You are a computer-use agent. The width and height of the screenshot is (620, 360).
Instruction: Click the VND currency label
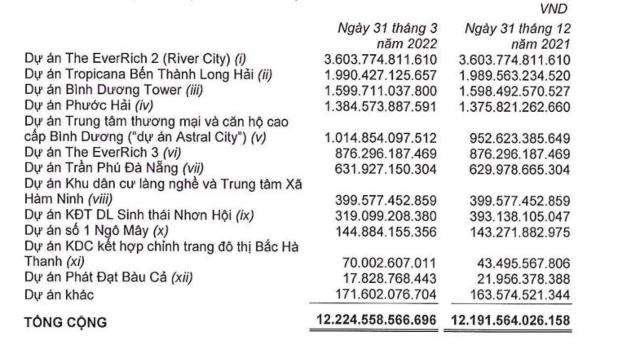click(x=553, y=9)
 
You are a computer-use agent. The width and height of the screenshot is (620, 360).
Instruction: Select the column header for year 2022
click(x=387, y=35)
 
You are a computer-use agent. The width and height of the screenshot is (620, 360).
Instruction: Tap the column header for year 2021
click(x=518, y=35)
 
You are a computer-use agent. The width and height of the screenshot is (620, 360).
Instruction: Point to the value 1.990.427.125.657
click(x=380, y=75)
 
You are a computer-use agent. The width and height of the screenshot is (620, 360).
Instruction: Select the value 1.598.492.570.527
click(x=514, y=91)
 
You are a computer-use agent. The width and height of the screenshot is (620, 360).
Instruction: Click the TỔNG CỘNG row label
click(x=66, y=322)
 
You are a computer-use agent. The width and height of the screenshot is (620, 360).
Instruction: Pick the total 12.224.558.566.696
click(x=376, y=320)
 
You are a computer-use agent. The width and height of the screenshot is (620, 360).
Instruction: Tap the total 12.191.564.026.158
click(x=510, y=320)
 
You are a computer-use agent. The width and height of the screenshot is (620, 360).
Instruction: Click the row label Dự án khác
click(x=59, y=294)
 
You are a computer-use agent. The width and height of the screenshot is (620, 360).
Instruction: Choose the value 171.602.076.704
click(x=386, y=294)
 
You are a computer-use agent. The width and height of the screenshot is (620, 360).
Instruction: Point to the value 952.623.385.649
click(x=519, y=138)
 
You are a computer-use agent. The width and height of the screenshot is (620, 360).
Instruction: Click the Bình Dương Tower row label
click(x=113, y=90)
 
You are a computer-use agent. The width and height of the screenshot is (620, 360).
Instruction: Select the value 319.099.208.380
click(x=386, y=216)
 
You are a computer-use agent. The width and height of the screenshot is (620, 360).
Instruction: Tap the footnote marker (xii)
click(x=181, y=277)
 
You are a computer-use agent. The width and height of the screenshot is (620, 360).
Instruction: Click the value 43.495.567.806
click(x=523, y=263)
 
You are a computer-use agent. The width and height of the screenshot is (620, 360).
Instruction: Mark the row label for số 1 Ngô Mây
click(x=96, y=231)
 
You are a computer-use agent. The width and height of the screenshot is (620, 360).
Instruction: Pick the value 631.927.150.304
click(x=386, y=169)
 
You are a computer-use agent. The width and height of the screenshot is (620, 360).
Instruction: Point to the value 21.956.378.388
click(x=523, y=279)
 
